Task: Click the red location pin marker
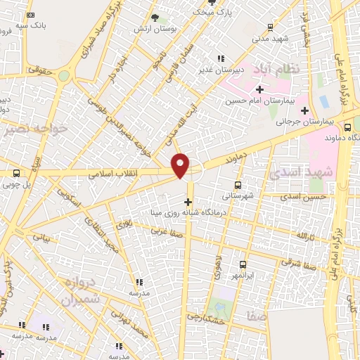click(x=181, y=165)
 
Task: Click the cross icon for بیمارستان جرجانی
click(x=304, y=110)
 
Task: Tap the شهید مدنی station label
click(x=270, y=39)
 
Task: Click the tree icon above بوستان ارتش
click(x=155, y=17)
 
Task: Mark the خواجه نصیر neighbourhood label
click(x=35, y=129)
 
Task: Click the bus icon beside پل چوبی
click(x=16, y=173)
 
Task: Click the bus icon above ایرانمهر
click(x=243, y=264)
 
